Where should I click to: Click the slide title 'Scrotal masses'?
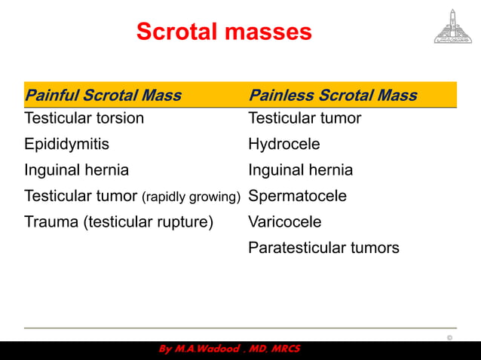click(x=223, y=32)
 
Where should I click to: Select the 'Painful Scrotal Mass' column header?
click(x=103, y=96)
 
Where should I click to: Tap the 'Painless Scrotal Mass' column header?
click(x=332, y=96)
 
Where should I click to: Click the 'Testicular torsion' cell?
click(x=84, y=118)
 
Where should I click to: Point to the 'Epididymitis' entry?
click(x=66, y=144)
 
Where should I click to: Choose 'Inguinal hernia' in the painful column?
click(x=76, y=170)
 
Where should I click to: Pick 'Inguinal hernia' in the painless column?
click(x=300, y=170)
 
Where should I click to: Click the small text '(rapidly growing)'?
click(x=191, y=197)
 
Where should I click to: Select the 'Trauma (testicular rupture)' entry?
click(x=119, y=222)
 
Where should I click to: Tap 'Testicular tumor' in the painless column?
click(x=305, y=118)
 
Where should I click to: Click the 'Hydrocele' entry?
click(x=283, y=144)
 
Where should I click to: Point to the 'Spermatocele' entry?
click(x=297, y=196)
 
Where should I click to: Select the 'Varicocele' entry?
click(x=284, y=222)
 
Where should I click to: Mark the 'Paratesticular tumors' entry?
click(x=323, y=248)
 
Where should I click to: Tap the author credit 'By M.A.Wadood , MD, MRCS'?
click(x=229, y=350)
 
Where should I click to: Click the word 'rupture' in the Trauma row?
click(x=184, y=222)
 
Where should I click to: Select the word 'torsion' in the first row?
click(x=118, y=118)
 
